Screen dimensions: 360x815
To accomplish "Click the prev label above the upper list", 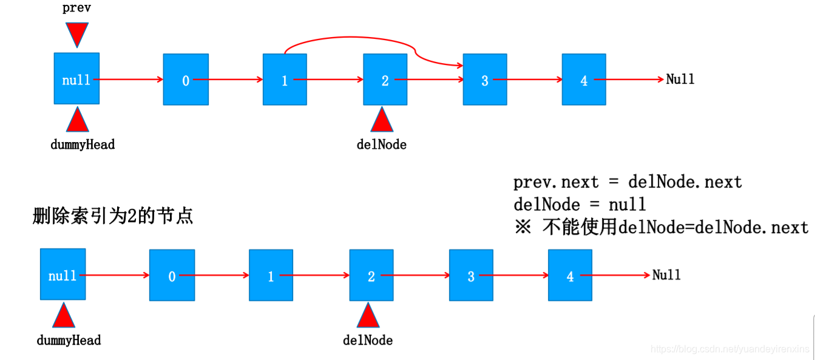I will pyautogui.click(x=76, y=8).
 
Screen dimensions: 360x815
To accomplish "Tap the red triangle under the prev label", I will pyautogui.click(x=77, y=34).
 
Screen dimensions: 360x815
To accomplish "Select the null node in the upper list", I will pyautogui.click(x=76, y=79).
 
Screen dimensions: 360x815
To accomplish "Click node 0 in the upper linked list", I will pyautogui.click(x=186, y=80).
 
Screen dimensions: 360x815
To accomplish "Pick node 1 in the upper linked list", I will pyautogui.click(x=285, y=80).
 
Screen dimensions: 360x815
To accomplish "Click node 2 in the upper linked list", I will pyautogui.click(x=385, y=80).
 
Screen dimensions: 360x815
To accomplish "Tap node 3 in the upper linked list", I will pyautogui.click(x=484, y=80).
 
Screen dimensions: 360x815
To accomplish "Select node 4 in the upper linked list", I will pyautogui.click(x=584, y=80).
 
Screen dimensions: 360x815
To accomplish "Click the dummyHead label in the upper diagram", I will pyautogui.click(x=83, y=144).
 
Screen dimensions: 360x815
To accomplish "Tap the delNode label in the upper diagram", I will pyautogui.click(x=382, y=144).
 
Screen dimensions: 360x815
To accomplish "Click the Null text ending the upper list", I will pyautogui.click(x=680, y=79).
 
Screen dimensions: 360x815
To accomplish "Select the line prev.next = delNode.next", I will pyautogui.click(x=627, y=182).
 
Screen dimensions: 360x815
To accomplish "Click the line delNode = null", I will pyautogui.click(x=580, y=204).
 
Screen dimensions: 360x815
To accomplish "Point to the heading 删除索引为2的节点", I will pyautogui.click(x=113, y=216).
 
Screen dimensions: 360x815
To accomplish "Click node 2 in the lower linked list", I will pyautogui.click(x=371, y=276).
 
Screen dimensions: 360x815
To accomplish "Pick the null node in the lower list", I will pyautogui.click(x=63, y=275).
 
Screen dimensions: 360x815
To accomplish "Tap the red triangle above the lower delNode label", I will pyautogui.click(x=368, y=316).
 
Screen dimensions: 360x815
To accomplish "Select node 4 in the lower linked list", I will pyautogui.click(x=570, y=276).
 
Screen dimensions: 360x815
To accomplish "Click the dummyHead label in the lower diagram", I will pyautogui.click(x=69, y=340).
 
